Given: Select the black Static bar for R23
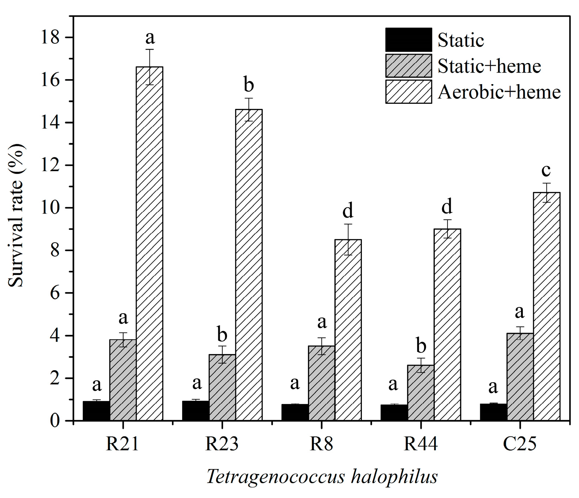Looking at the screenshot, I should (196, 411).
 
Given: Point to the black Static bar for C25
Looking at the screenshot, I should (493, 412).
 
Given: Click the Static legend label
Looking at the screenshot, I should (461, 40).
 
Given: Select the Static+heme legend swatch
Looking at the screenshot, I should (408, 66).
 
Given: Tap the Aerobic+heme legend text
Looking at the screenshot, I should (499, 92).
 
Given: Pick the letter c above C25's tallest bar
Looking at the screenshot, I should (546, 170).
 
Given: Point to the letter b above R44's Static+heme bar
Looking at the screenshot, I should (421, 346).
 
